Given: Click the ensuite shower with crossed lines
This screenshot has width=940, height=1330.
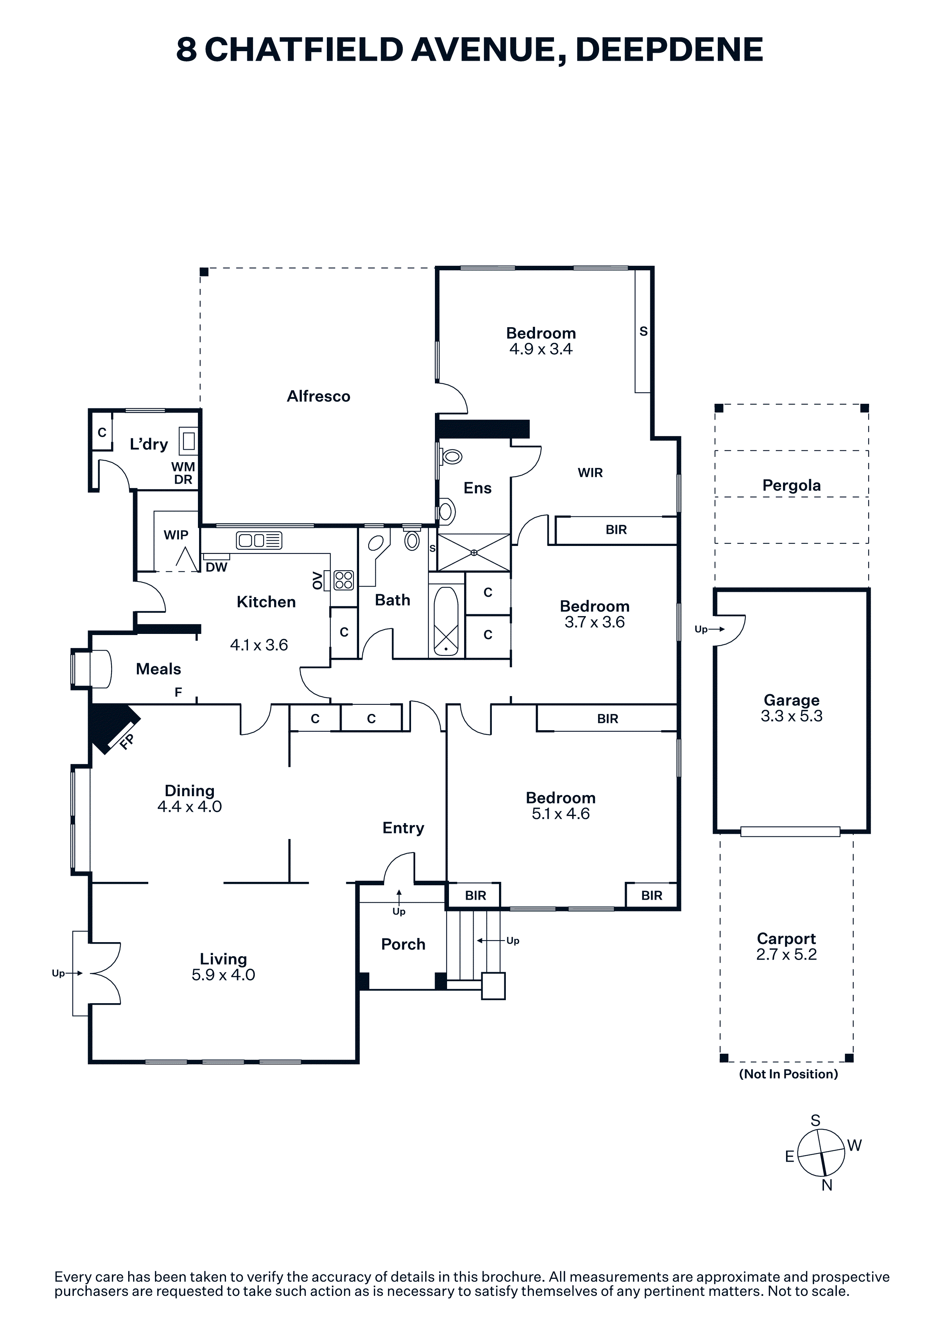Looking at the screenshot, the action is coord(474,553).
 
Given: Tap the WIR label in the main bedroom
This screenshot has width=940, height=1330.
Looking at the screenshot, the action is coord(590,473).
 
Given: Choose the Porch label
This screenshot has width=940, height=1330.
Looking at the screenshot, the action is coord(403,944).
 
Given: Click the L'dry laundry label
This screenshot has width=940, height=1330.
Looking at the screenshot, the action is coord(149,444).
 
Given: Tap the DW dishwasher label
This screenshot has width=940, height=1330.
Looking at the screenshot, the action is coord(217,567).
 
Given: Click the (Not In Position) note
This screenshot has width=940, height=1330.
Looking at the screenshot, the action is coord(788,1074).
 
